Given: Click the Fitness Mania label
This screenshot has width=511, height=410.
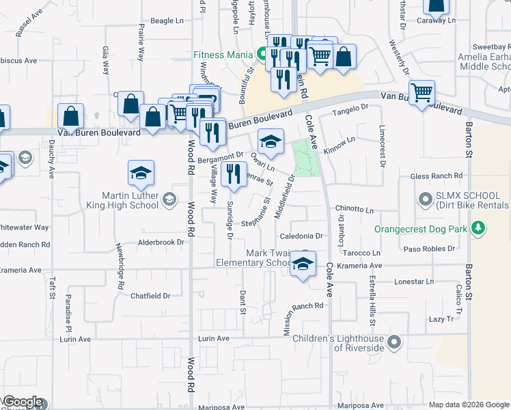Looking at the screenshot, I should point(223,54).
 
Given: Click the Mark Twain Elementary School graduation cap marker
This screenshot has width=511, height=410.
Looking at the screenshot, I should point(301,264).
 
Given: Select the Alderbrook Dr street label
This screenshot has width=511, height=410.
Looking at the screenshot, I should point(162,242).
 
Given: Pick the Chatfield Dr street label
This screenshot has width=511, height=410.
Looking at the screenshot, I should point(150,296).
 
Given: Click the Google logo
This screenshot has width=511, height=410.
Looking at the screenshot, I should point(22,402).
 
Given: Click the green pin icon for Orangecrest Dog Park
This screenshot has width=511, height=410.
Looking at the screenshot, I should point(479,228).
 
